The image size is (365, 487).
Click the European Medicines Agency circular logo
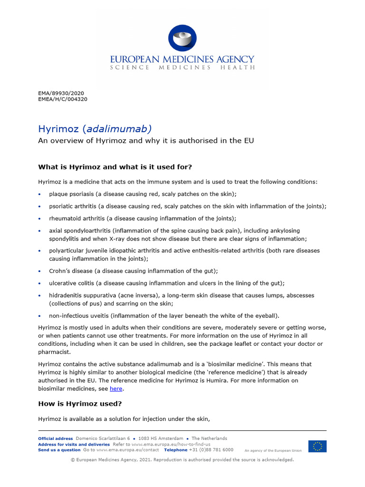pos(182,38)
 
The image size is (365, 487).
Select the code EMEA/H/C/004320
pos(62,99)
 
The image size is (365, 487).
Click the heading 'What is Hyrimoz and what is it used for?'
pos(115,167)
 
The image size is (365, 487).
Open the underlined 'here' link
pos(116,389)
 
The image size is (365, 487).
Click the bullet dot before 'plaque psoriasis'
pos(41,195)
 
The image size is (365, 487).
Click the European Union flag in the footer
pos(317,446)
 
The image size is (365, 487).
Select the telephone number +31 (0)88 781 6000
pos(211,449)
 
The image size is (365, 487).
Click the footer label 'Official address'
pos(56,438)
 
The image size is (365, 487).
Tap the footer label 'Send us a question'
pos(59,449)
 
